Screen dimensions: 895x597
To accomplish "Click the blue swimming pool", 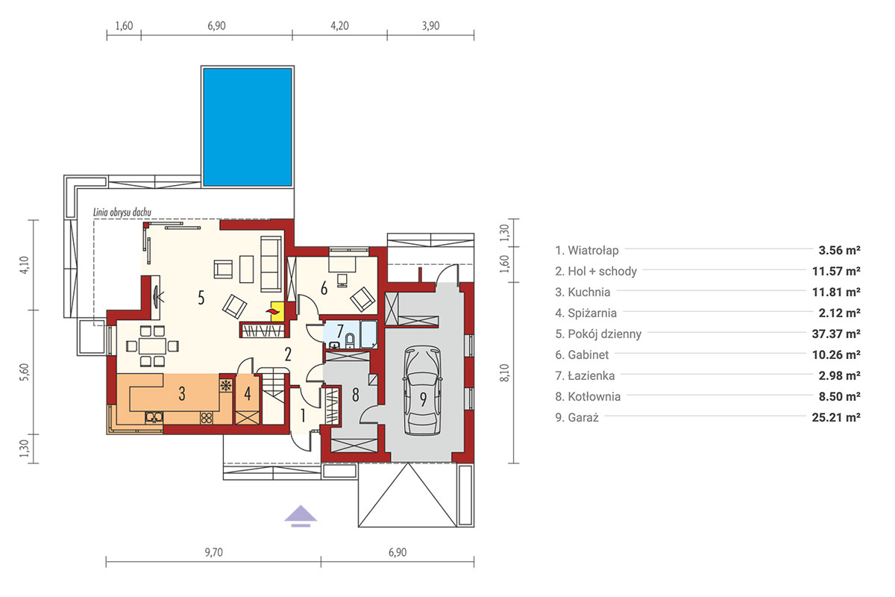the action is tap(248, 127).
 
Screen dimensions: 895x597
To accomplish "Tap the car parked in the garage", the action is tap(423, 390).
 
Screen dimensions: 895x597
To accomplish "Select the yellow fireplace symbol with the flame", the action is tap(277, 311).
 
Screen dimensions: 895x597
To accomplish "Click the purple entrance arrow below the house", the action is tap(301, 516).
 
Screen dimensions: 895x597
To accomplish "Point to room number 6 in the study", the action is tap(324, 288).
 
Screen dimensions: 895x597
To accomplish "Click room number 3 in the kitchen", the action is tap(182, 393).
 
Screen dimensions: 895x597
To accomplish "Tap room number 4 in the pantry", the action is tap(248, 393).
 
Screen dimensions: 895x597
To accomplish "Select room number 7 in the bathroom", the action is tap(340, 331).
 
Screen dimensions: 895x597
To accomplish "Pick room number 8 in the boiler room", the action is tap(355, 395).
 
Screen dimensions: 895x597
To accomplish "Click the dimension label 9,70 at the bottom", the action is tap(214, 552).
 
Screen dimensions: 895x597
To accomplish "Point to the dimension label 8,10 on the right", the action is tap(505, 372).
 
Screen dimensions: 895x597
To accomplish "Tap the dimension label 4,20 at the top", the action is tap(339, 26).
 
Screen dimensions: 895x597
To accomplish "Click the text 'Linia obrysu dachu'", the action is tap(122, 212).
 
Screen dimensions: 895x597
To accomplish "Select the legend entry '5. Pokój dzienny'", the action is tap(598, 334).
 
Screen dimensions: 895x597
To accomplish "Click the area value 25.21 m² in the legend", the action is tap(836, 417).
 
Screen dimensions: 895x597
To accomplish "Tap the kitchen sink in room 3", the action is tap(154, 417).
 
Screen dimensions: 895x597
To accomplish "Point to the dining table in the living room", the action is tap(152, 346).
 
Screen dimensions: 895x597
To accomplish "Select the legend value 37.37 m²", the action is tap(836, 334).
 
